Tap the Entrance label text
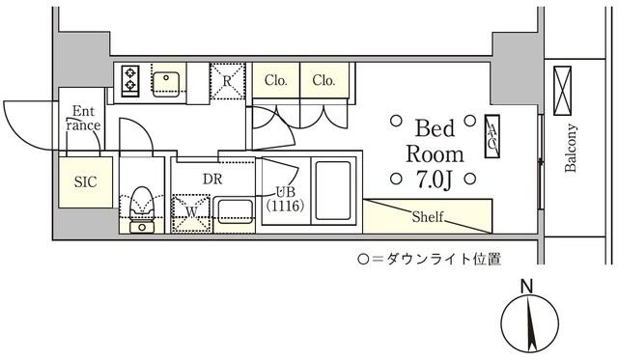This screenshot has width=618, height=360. click(x=82, y=117)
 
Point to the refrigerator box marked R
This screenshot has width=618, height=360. click(x=227, y=80)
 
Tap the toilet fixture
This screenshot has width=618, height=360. click(x=142, y=207)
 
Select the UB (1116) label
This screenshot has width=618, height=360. click(x=285, y=200)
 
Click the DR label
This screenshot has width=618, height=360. click(x=213, y=178)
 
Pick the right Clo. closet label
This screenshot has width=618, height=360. click(x=324, y=81)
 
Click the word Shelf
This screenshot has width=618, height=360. click(x=427, y=216)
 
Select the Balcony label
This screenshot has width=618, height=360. click(x=571, y=149)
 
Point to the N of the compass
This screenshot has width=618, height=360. click(x=526, y=286)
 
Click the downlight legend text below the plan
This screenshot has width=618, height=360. click(x=429, y=259)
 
